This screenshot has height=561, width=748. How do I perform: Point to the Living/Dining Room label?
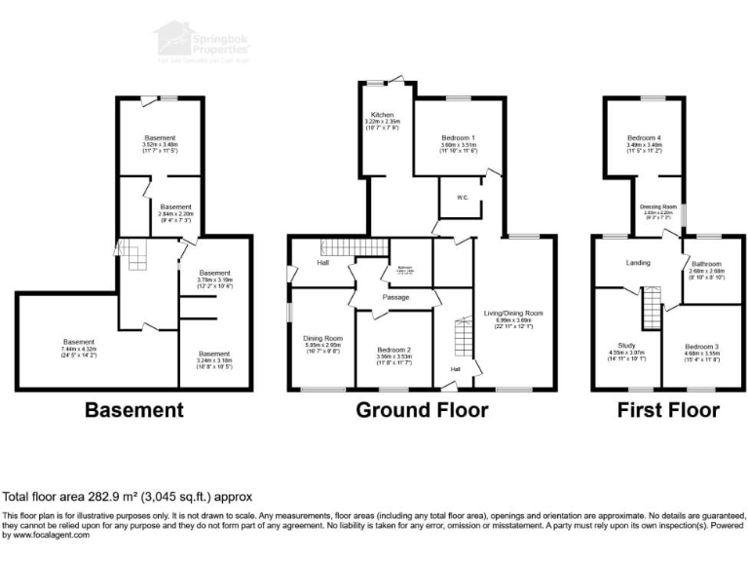click(512, 313)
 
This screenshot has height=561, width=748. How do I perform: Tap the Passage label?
click(394, 297)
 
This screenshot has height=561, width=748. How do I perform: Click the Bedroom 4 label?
click(642, 138)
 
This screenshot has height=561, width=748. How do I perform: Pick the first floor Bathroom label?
click(706, 263)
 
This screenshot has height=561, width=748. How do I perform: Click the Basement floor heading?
click(133, 410)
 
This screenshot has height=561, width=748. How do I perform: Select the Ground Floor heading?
click(421, 410)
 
